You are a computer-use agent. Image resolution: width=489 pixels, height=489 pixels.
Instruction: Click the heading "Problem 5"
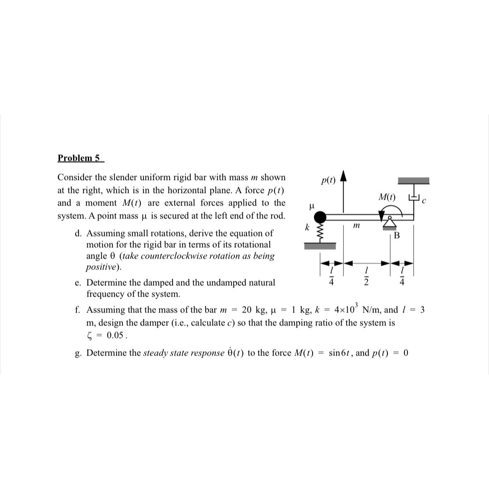(x=79, y=158)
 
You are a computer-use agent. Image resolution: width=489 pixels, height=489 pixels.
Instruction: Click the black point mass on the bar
(x=320, y=217)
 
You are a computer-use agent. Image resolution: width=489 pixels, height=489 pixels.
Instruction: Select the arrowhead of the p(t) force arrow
(x=344, y=175)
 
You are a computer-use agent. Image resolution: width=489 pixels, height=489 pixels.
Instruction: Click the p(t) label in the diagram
(x=328, y=181)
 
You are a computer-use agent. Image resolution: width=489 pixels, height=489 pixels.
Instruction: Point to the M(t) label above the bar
(x=387, y=196)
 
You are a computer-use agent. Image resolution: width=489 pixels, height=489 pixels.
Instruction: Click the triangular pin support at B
(x=390, y=224)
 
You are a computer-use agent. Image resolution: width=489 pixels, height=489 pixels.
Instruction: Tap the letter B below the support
(x=397, y=236)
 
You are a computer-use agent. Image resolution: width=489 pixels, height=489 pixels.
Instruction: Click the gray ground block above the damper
(x=413, y=181)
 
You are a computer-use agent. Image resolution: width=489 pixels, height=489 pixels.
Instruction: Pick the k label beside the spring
(x=307, y=228)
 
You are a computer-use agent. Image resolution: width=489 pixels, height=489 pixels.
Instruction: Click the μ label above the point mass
(x=311, y=206)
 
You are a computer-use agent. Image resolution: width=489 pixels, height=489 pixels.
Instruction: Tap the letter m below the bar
(x=356, y=226)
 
